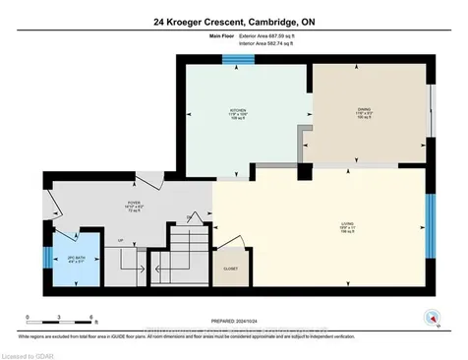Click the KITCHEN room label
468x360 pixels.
point(237,109)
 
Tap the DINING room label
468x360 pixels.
point(363,109)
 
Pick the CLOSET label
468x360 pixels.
point(231,266)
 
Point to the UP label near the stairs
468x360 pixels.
point(121,239)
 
